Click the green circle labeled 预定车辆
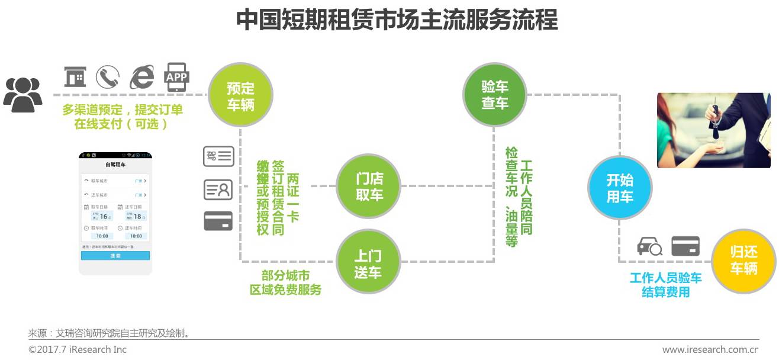[240, 97]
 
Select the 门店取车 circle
[369, 186]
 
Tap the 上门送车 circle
[368, 263]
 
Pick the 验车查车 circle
[494, 95]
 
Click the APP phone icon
[176, 77]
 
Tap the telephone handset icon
[108, 77]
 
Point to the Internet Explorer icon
[142, 77]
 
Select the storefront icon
[75, 77]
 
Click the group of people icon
[23, 95]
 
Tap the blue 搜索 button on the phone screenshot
[115, 256]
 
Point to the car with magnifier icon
[649, 246]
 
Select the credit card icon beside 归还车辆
[685, 246]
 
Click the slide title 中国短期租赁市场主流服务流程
[397, 20]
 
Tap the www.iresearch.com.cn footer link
[710, 349]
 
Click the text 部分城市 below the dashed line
[285, 276]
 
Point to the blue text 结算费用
[666, 292]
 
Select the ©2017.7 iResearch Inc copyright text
[78, 349]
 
